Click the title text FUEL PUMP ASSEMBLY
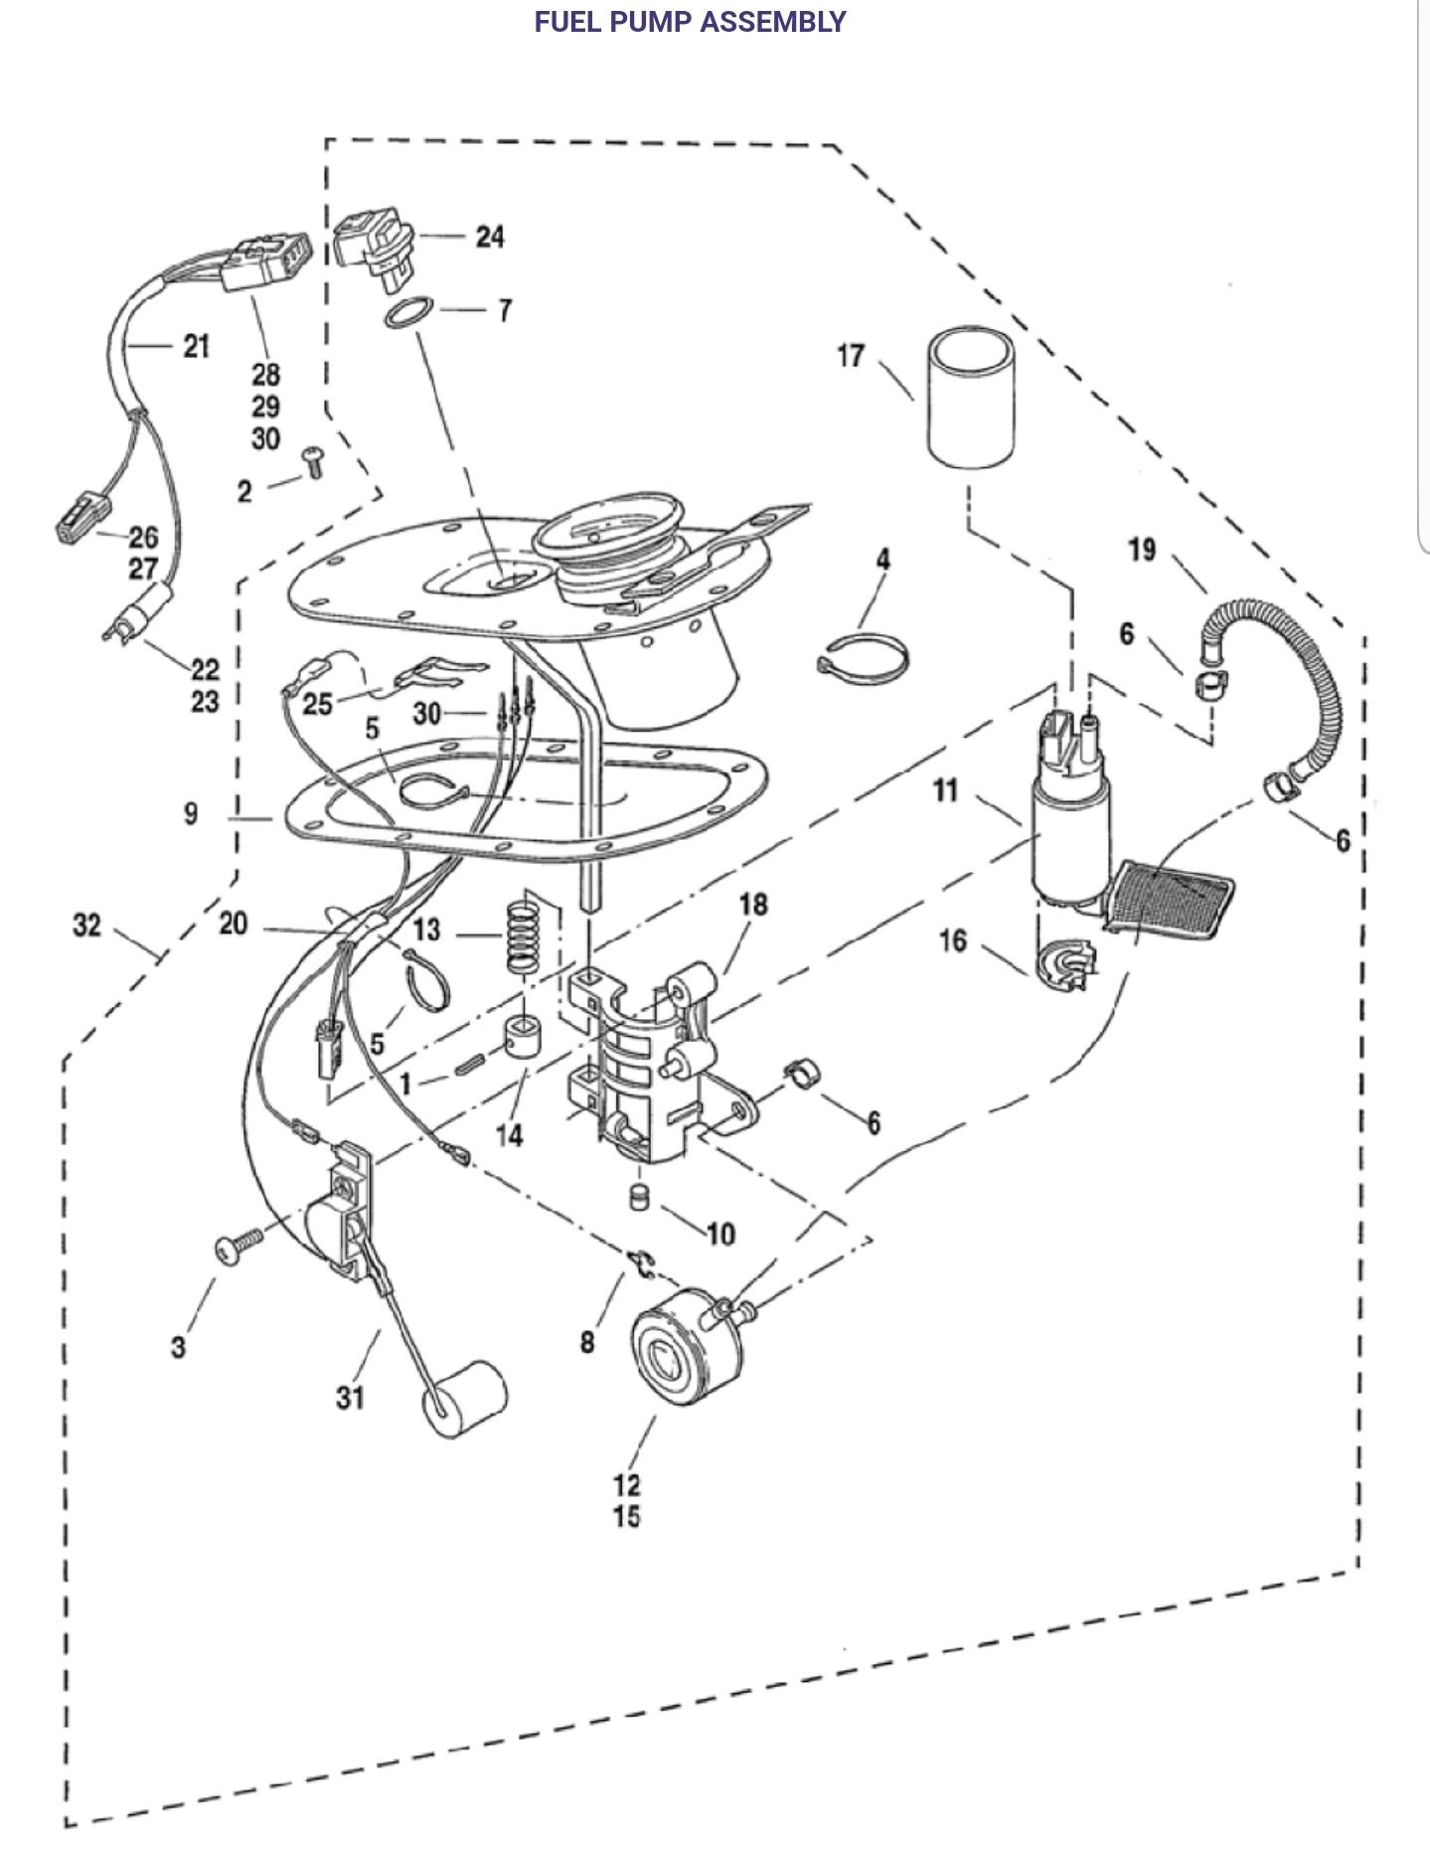point(690,22)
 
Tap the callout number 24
point(489,237)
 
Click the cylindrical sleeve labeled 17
point(972,399)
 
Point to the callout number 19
point(1143,549)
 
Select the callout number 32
point(87,926)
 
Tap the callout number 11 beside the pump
point(945,790)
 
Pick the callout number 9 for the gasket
point(191,813)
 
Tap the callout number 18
point(753,905)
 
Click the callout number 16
point(952,939)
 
